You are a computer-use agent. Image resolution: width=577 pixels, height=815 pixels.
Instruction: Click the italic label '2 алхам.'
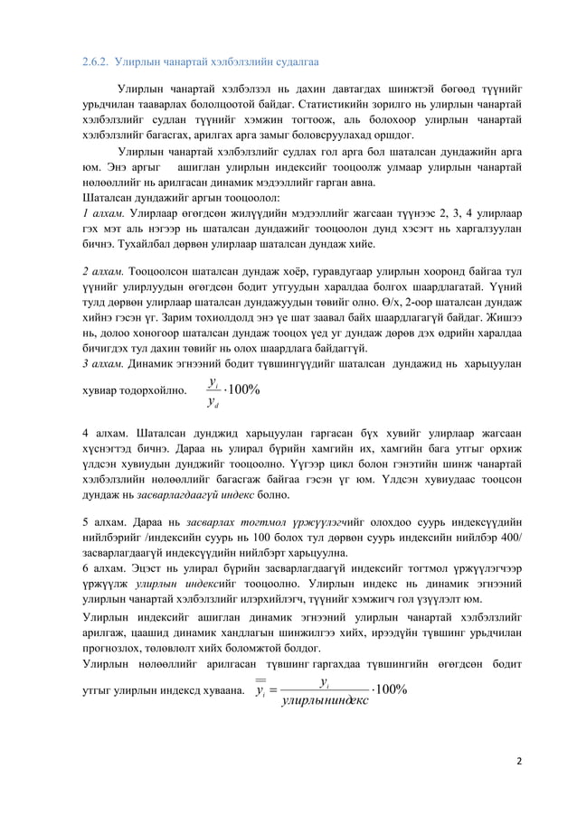point(104,270)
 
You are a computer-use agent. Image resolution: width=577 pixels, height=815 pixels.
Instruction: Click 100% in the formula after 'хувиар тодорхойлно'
point(243,390)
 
